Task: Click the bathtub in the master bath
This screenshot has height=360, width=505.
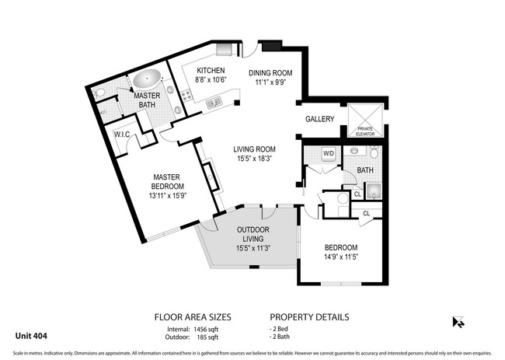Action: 147,79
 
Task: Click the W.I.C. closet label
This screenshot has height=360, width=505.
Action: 122,134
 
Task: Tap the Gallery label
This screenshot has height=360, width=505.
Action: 319,120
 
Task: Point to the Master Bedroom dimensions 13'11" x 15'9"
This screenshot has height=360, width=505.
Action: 168,195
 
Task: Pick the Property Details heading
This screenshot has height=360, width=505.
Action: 308,317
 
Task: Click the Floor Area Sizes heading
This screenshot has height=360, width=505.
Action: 193,317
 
